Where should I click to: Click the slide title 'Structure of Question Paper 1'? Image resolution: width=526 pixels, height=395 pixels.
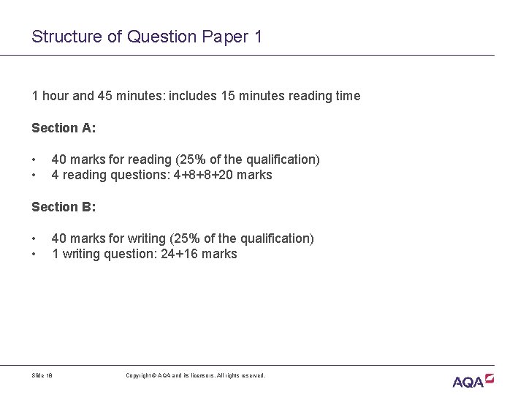147,36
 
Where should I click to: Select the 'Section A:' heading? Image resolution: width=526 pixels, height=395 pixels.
64,128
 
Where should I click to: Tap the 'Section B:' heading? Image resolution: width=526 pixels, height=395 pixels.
64,207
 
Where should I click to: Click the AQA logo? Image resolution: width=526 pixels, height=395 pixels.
473,380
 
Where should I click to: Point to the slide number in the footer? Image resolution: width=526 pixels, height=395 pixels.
42,375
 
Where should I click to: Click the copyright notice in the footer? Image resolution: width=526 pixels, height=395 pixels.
196,375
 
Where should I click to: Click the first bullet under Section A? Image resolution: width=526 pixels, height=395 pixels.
34,159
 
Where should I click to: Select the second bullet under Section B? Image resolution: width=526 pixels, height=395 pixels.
34,255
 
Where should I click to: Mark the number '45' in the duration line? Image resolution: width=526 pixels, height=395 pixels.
101,96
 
